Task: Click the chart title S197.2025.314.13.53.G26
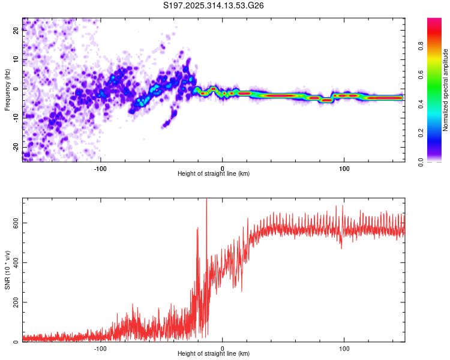pos(214,6)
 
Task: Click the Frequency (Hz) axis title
pos(7,90)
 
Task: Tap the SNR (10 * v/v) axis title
pos(7,270)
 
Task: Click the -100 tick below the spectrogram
pos(100,167)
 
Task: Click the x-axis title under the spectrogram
pos(214,174)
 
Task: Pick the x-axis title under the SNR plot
pos(214,354)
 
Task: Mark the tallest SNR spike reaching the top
pos(206,202)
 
